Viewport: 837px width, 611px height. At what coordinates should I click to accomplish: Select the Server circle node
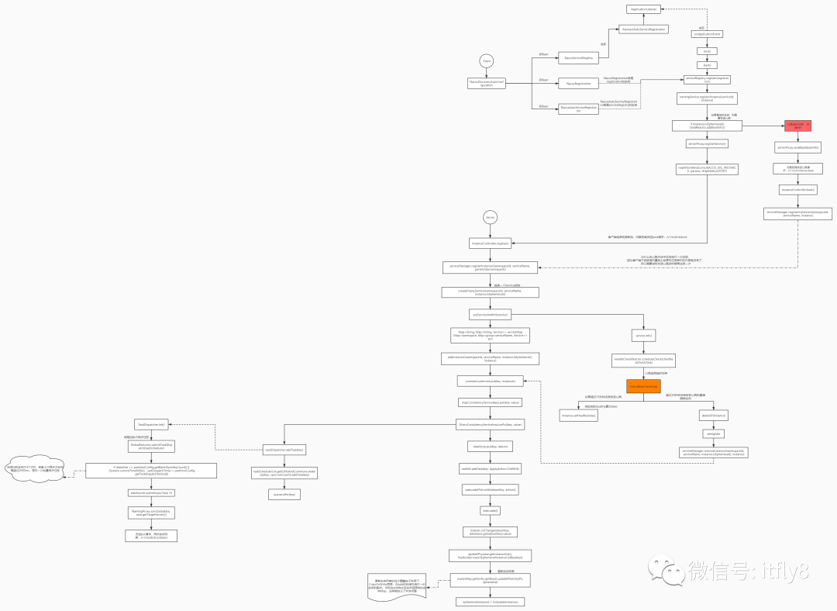click(490, 217)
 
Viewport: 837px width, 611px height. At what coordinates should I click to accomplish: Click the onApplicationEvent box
click(706, 34)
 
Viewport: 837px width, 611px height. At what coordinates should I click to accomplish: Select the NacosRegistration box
click(578, 83)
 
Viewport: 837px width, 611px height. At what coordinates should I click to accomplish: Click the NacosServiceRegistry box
click(578, 57)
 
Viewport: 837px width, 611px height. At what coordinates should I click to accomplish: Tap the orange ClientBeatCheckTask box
click(642, 385)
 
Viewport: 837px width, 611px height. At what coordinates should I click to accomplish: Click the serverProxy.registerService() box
click(707, 143)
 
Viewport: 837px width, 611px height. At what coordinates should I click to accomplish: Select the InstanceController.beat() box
click(797, 189)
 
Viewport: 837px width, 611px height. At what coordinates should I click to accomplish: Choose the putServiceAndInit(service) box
click(490, 314)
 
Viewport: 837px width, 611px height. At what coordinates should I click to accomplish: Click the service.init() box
click(643, 336)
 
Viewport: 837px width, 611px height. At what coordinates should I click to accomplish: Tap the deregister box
click(714, 434)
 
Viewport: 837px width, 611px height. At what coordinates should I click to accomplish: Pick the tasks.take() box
click(490, 511)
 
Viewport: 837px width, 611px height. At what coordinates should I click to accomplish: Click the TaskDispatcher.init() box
click(151, 425)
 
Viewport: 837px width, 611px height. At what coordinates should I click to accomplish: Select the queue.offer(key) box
click(284, 494)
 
